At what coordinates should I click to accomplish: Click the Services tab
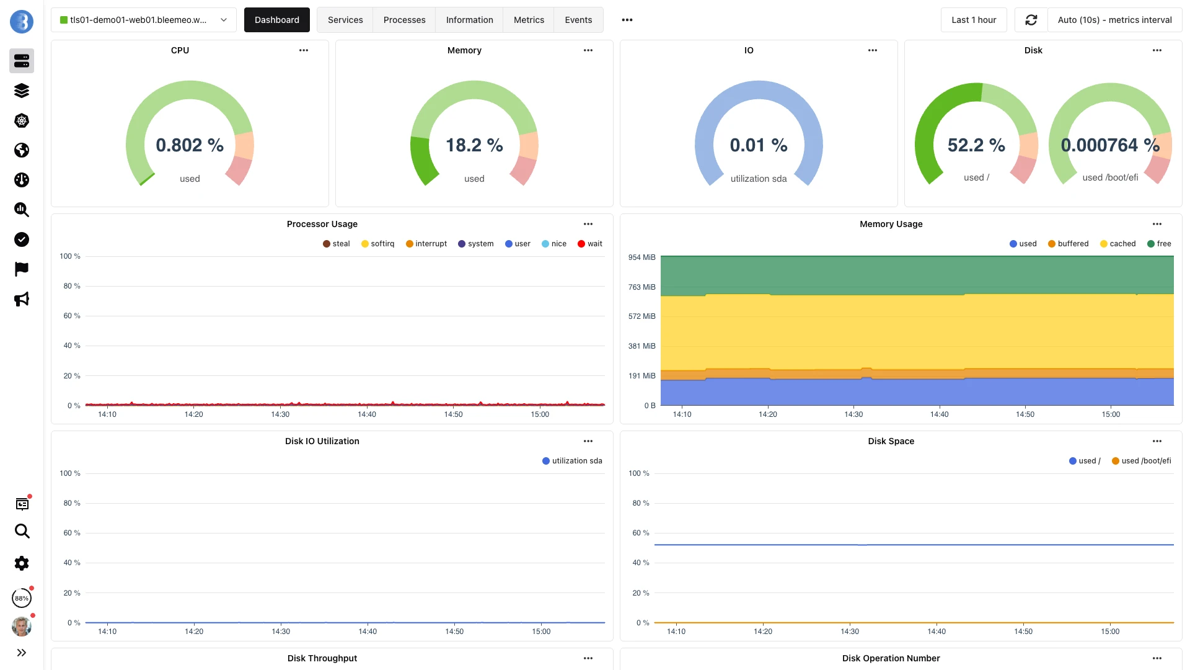pyautogui.click(x=345, y=20)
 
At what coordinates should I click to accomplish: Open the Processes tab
pyautogui.click(x=404, y=20)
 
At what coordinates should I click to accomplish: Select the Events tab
pyautogui.click(x=578, y=20)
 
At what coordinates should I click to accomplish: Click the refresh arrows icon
pyautogui.click(x=1031, y=20)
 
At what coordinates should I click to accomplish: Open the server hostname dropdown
pyautogui.click(x=143, y=20)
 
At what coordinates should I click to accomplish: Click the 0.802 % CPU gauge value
pyautogui.click(x=190, y=145)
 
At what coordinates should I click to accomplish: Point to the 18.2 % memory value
pyautogui.click(x=474, y=145)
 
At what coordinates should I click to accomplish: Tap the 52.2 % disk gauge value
pyautogui.click(x=976, y=145)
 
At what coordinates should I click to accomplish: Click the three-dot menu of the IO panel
pyautogui.click(x=872, y=50)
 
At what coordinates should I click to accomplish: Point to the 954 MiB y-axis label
pyautogui.click(x=641, y=257)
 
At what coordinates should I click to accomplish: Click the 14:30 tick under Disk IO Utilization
pyautogui.click(x=281, y=632)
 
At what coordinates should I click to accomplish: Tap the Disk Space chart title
pyautogui.click(x=891, y=441)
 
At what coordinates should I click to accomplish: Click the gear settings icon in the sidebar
pyautogui.click(x=22, y=563)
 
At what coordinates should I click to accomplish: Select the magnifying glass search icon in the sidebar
pyautogui.click(x=22, y=531)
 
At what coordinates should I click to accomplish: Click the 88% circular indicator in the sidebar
pyautogui.click(x=22, y=599)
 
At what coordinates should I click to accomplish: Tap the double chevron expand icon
pyautogui.click(x=22, y=653)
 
